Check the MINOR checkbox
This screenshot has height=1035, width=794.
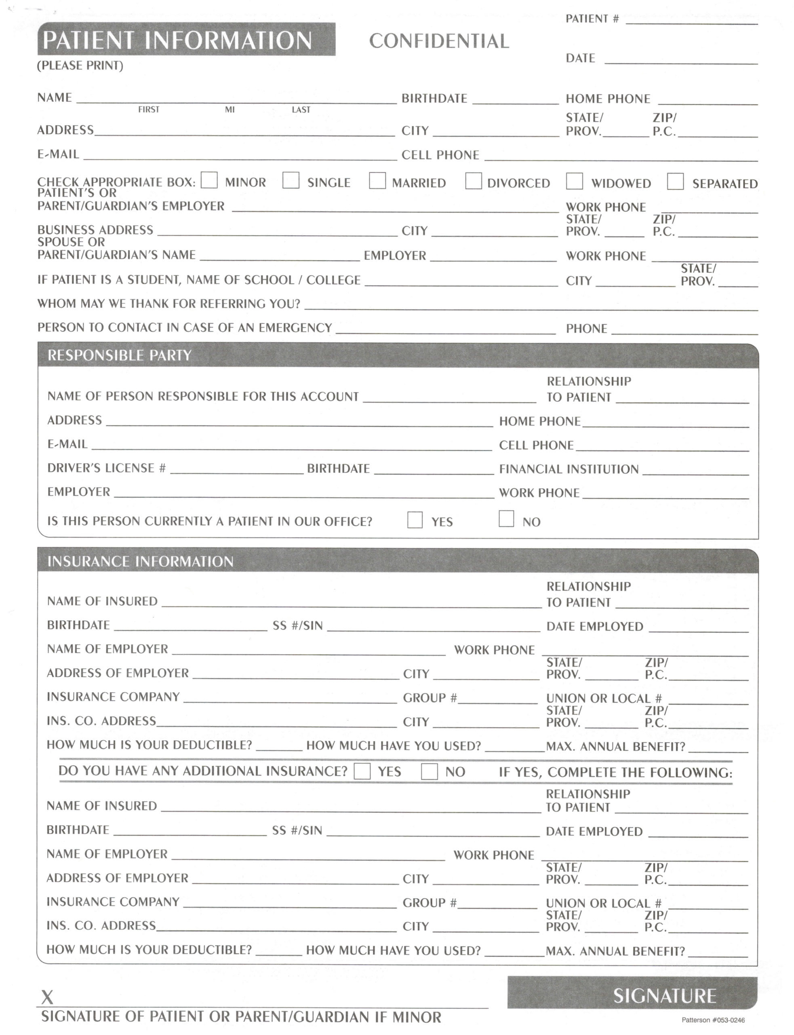point(209,180)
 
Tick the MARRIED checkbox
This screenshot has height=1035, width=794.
point(377,181)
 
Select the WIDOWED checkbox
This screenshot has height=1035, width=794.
point(574,181)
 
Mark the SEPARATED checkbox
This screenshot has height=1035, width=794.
point(675,181)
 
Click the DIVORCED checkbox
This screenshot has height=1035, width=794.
point(473,181)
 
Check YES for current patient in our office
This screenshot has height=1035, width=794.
point(415,520)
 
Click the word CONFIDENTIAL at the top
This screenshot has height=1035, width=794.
point(439,41)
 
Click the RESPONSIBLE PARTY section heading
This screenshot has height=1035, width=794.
point(120,355)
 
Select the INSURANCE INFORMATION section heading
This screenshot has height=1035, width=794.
point(140,561)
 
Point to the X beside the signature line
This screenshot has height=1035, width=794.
point(47,998)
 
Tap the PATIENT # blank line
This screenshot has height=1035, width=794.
point(691,21)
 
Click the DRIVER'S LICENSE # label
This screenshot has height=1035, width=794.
point(106,468)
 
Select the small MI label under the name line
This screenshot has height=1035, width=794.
point(230,110)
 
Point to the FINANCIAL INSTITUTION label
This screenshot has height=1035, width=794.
point(569,469)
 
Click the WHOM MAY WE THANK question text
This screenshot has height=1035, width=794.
point(169,304)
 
